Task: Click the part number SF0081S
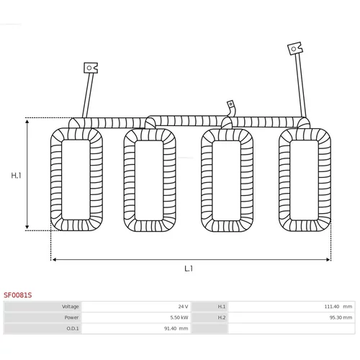[17, 295]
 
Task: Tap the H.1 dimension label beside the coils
[16, 176]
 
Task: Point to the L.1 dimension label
[189, 269]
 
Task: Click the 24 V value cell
[183, 307]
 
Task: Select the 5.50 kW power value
[179, 318]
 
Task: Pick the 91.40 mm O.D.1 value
[176, 328]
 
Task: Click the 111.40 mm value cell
[338, 307]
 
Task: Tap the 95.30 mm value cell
[341, 318]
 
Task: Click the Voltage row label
[71, 307]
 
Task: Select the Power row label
[71, 318]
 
